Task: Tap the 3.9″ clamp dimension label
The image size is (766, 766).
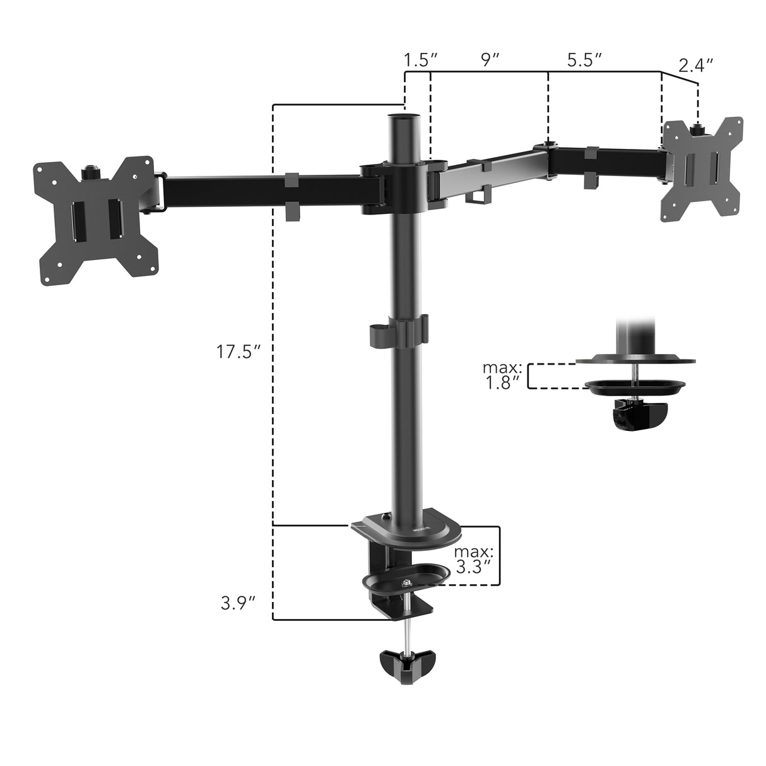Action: (x=238, y=603)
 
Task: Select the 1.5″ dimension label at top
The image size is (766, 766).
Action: (x=421, y=61)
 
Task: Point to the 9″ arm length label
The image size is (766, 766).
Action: (x=490, y=61)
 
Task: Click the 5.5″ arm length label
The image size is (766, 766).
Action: (x=584, y=61)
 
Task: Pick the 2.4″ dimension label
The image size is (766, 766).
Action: (x=696, y=65)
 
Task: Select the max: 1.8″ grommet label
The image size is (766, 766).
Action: (x=502, y=375)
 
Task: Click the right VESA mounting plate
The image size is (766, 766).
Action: (x=700, y=168)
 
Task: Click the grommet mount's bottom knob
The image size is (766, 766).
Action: (x=639, y=417)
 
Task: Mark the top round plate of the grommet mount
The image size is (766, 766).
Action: (x=636, y=362)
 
